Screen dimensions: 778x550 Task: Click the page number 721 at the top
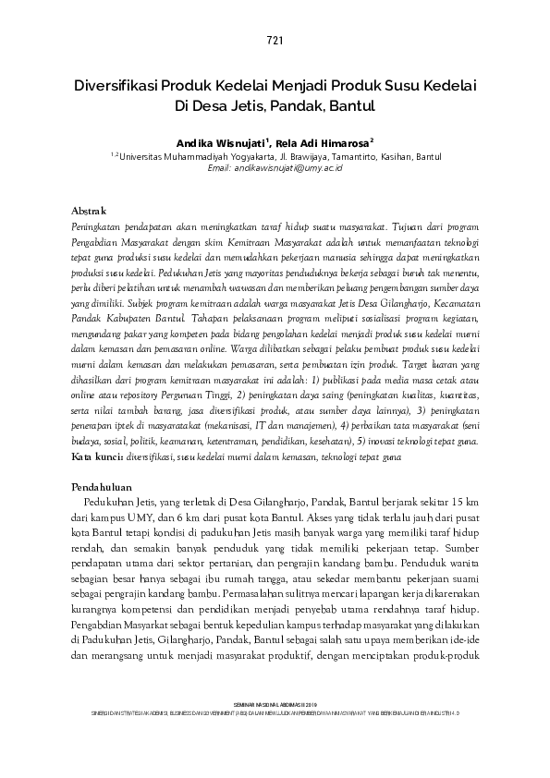click(x=275, y=40)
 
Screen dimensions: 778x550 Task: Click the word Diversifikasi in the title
click(x=118, y=86)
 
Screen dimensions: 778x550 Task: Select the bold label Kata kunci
click(x=98, y=457)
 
